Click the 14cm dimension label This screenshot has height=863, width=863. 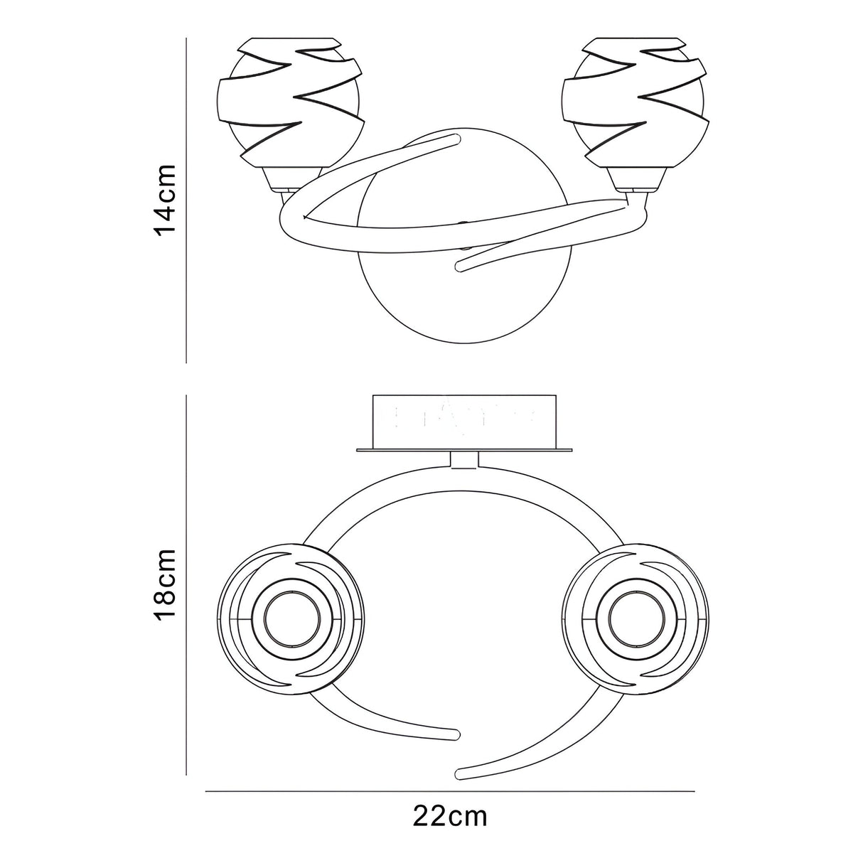point(164,199)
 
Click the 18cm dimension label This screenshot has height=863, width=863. point(164,584)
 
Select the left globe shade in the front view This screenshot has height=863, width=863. point(291,102)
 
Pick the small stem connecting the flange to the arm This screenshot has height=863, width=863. point(465,460)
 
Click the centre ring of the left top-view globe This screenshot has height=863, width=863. point(292,621)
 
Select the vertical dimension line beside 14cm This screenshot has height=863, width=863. point(186,200)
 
